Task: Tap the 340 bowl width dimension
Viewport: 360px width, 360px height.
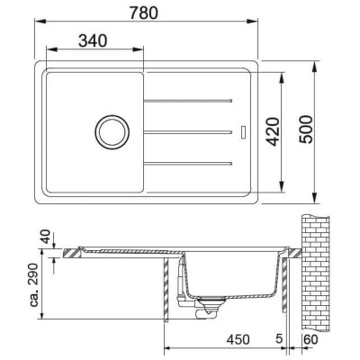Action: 94,41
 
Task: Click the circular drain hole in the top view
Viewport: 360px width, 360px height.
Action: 112,131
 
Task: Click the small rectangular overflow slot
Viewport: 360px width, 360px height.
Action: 242,131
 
